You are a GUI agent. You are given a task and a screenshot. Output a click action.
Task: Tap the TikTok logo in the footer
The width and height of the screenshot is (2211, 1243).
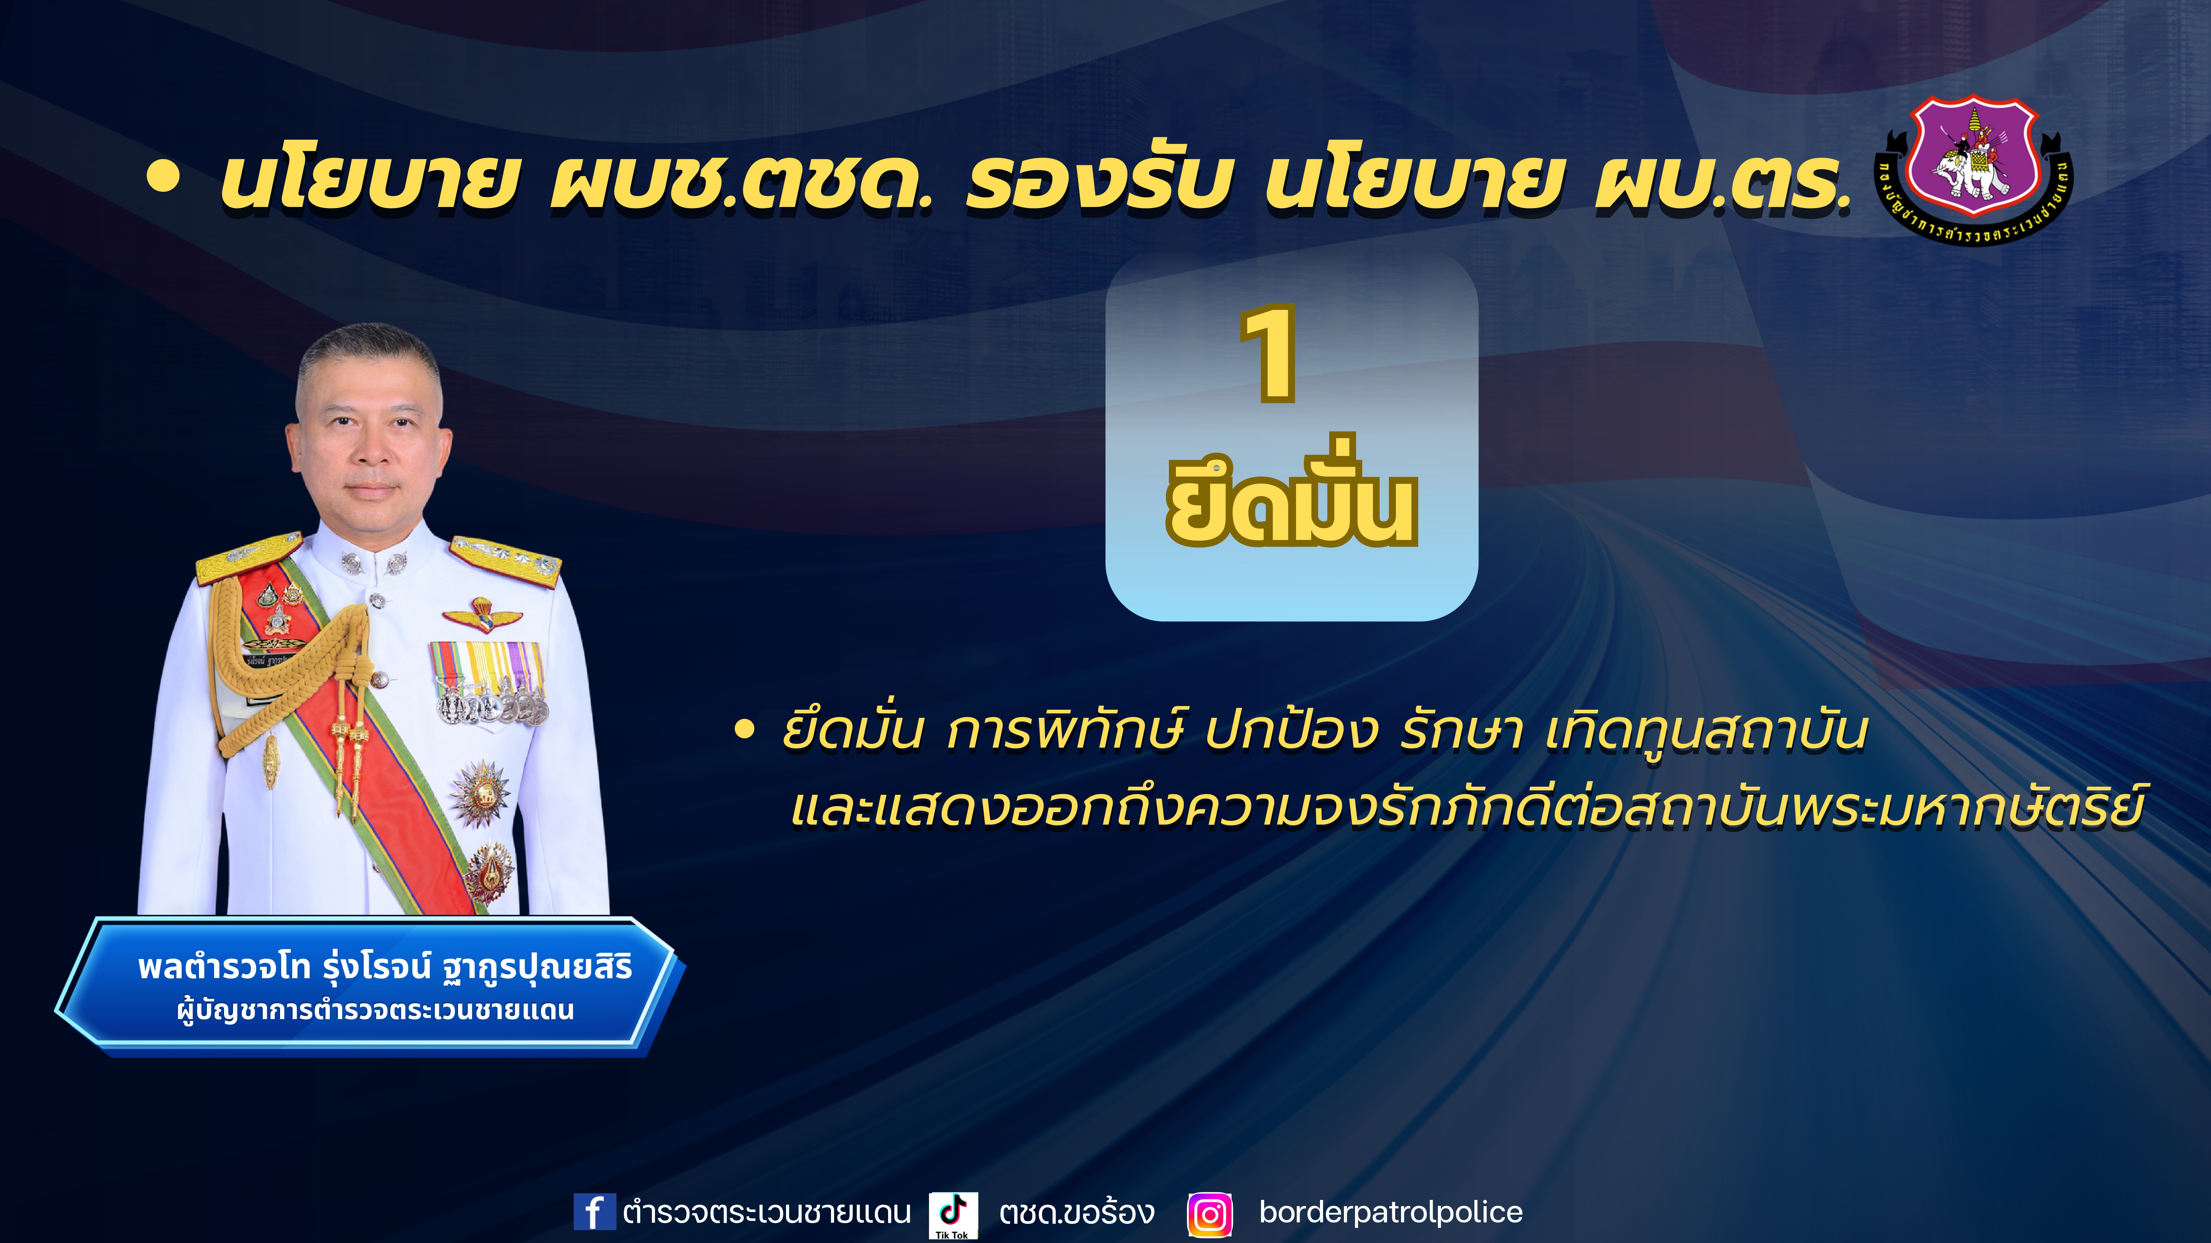click(953, 1214)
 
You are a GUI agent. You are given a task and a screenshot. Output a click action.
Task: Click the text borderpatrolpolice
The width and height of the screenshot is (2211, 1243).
click(1390, 1212)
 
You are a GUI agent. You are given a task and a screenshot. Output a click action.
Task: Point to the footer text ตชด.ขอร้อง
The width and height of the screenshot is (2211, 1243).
click(1076, 1212)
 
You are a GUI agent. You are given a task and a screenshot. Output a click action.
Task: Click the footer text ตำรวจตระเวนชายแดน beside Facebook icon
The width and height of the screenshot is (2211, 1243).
click(766, 1212)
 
